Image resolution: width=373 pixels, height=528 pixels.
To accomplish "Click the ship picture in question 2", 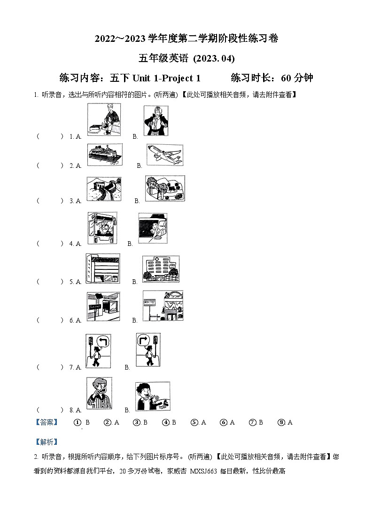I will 105,155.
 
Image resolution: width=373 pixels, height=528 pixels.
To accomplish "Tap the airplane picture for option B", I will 164,155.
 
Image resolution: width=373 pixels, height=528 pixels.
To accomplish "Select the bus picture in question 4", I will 102,228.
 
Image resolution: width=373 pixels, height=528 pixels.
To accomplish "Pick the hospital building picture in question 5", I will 161,269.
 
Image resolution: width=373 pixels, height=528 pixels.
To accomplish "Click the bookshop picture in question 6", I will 103,306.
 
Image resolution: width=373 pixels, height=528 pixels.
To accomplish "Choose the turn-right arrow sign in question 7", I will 144,341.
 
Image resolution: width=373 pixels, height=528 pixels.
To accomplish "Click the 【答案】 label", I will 47,422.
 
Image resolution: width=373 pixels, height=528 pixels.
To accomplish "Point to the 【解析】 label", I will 47,441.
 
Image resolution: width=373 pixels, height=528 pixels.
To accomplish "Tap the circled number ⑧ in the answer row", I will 281,422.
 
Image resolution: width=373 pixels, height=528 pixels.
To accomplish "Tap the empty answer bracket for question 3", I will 49,201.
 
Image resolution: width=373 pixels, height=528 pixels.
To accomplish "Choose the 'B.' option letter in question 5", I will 134,282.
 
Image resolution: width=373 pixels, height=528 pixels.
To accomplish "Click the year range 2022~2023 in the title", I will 120,39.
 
